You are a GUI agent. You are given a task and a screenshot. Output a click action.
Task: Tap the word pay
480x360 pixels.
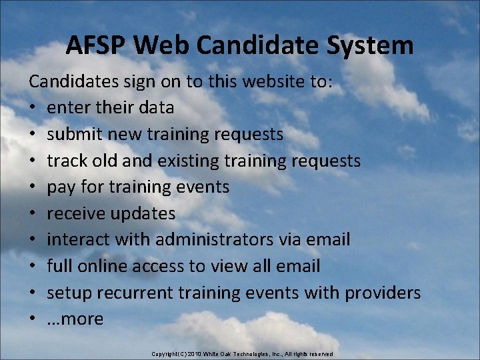coord(61,187)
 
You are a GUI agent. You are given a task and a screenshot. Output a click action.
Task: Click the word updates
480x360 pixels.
coord(143,213)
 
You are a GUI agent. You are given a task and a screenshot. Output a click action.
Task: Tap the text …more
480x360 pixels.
coord(75,319)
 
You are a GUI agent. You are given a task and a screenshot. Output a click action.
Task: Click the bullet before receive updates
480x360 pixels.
coord(33,214)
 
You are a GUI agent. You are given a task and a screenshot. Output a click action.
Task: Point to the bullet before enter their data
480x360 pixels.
coord(33,108)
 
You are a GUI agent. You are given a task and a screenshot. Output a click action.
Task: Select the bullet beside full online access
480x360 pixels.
coord(33,267)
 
